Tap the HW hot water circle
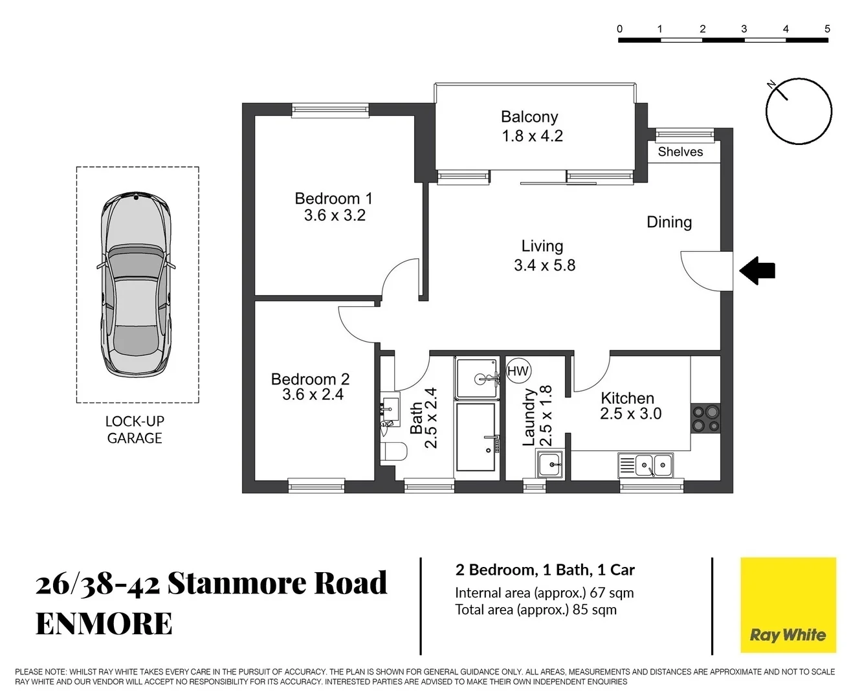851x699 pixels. [x=518, y=371]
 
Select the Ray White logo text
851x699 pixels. [x=788, y=635]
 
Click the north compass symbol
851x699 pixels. [x=798, y=111]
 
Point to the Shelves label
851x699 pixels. [x=680, y=152]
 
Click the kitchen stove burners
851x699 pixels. [x=705, y=417]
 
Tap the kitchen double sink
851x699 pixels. [x=653, y=465]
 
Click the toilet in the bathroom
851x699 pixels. [x=393, y=451]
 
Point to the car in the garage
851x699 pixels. [x=136, y=285]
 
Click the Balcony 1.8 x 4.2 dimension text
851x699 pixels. [x=532, y=137]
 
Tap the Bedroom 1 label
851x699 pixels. [x=333, y=199]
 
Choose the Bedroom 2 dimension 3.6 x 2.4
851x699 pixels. [x=313, y=395]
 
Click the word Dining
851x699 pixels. [x=669, y=222]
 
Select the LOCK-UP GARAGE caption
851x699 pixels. [x=135, y=430]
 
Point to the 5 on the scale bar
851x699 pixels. [x=827, y=28]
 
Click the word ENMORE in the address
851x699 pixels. [x=104, y=624]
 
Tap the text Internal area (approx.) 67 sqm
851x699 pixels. [x=544, y=593]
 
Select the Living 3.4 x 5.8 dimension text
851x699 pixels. [x=544, y=265]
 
